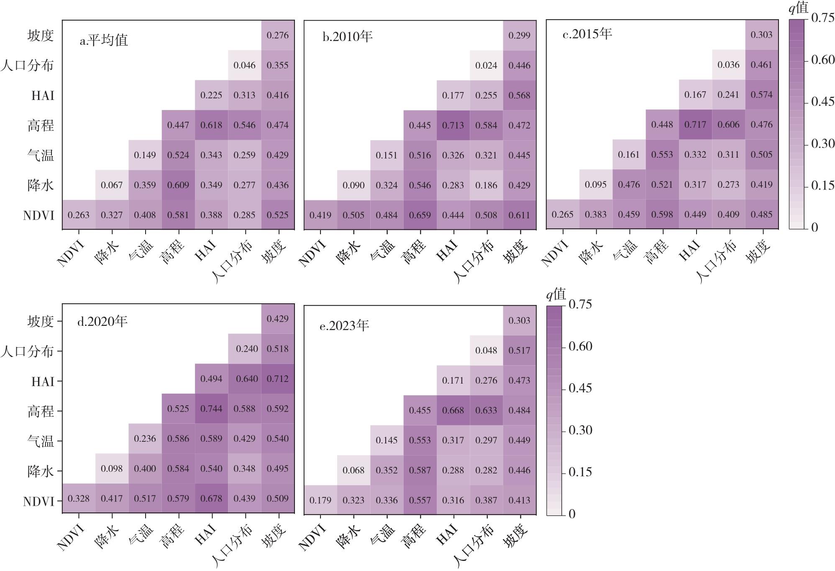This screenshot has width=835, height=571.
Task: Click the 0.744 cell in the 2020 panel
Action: point(211,409)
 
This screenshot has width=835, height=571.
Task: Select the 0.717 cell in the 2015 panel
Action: point(695,125)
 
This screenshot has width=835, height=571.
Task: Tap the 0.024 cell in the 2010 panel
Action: point(486,65)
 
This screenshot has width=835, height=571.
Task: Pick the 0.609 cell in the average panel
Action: point(178,185)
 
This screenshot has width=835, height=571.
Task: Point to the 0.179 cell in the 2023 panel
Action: point(320,500)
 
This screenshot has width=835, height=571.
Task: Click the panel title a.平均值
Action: point(104,41)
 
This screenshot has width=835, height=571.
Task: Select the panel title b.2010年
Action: point(347,37)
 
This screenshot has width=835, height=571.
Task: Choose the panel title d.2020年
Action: point(102,322)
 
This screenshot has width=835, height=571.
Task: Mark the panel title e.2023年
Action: point(344,326)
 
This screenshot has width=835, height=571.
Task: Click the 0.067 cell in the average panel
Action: point(112,185)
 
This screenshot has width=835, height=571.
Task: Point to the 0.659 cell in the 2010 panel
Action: point(420,215)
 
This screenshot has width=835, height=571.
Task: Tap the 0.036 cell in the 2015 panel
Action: point(728,65)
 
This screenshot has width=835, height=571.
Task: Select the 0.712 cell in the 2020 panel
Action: point(278,379)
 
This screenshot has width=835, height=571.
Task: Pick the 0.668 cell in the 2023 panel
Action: point(453,410)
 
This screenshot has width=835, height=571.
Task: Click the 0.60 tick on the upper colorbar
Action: point(822,60)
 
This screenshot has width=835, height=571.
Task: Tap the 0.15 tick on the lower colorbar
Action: point(580,472)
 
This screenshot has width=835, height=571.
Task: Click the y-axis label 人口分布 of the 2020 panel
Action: point(27,351)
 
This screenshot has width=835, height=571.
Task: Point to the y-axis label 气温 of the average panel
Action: point(41,155)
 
